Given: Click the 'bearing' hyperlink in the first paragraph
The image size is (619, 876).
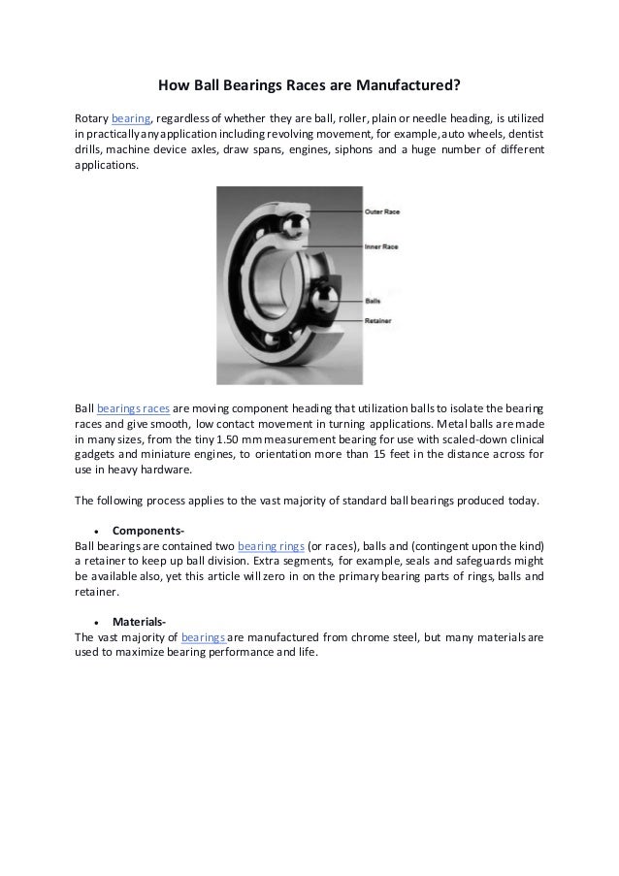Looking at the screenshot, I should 131,117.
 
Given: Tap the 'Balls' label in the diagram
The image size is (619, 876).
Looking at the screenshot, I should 374,302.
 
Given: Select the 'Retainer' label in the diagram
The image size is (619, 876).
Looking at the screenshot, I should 377,320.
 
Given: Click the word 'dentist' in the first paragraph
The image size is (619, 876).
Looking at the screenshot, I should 524,135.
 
